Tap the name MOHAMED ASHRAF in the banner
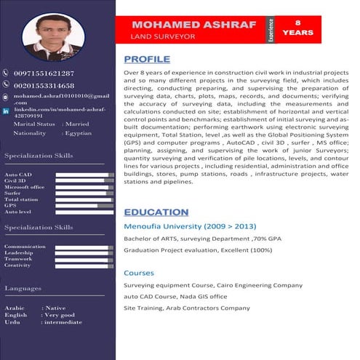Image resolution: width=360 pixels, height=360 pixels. [x=194, y=24]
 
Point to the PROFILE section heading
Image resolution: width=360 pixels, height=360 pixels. [x=147, y=59]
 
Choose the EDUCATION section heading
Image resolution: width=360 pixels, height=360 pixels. [x=156, y=212]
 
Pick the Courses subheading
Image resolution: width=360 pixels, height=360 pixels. [x=138, y=273]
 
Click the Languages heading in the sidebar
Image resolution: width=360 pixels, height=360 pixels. [x=23, y=289]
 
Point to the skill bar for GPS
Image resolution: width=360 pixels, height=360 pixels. [x=84, y=205]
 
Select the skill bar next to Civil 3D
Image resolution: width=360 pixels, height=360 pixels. [x=84, y=181]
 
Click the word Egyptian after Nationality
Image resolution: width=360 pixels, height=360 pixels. [x=78, y=134]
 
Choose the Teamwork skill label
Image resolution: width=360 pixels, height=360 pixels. [x=19, y=259]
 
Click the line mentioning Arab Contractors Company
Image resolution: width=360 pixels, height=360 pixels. [x=182, y=308]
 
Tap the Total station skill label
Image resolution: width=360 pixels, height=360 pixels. [x=21, y=199]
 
